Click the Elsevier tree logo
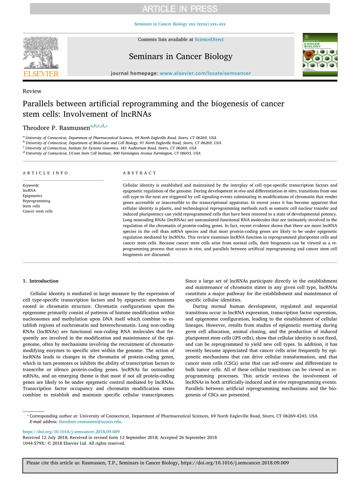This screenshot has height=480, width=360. [x=41, y=53]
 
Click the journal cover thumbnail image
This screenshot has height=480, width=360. [x=319, y=55]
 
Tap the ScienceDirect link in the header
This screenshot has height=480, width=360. [x=209, y=39]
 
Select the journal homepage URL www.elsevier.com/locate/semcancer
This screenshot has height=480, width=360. [x=205, y=73]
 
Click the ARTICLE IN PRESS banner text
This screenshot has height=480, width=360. [x=180, y=8]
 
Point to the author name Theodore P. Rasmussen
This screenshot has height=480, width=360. [x=56, y=128]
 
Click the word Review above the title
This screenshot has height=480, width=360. [x=32, y=91]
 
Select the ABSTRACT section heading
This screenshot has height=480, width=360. [x=139, y=173]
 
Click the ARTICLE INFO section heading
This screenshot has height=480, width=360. [x=45, y=173]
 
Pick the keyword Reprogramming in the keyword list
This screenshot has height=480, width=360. [x=36, y=201]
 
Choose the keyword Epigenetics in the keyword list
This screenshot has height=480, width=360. [x=33, y=196]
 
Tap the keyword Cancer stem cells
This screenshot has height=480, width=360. [x=38, y=211]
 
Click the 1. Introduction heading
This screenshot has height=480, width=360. [x=41, y=281]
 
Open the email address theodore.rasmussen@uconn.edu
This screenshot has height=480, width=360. [x=90, y=421]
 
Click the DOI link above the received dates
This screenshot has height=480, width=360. [x=71, y=432]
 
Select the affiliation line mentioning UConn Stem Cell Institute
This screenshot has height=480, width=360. [x=113, y=153]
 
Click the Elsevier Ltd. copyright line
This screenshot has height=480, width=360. [x=74, y=443]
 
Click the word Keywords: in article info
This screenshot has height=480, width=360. [x=31, y=185]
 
